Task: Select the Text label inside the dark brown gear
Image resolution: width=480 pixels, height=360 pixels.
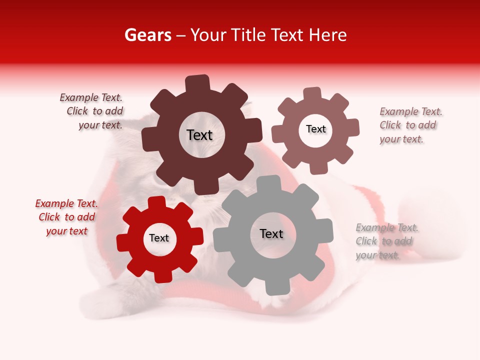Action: coord(199,135)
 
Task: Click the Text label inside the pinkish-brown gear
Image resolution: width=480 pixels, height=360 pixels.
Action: coord(315,129)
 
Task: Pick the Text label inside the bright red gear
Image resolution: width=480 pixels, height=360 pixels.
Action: coord(159,238)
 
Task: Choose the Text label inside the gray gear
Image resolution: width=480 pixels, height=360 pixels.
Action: coord(271,233)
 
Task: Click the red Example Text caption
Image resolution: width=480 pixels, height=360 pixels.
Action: coord(66,217)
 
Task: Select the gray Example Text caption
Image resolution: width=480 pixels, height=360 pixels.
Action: coord(386,241)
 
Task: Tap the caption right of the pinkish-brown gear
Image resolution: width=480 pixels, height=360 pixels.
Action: coord(410,125)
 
